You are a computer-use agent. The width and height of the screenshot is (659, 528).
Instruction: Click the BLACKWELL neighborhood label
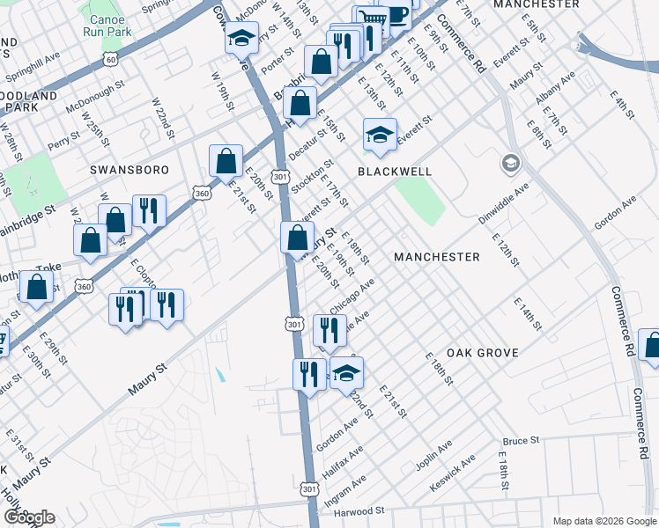(394, 171)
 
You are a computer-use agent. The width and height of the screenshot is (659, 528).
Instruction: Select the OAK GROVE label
(482, 353)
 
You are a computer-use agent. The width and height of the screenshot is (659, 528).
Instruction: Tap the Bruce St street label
(520, 440)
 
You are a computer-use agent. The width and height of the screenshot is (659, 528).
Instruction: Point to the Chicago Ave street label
(352, 296)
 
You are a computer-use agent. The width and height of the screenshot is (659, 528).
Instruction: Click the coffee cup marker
(395, 15)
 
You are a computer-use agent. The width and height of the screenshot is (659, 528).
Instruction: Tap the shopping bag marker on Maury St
(297, 237)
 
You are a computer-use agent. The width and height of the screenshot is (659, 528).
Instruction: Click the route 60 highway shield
(110, 59)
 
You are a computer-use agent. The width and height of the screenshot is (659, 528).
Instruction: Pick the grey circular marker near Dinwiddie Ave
(511, 164)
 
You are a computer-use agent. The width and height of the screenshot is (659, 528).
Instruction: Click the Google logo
(29, 517)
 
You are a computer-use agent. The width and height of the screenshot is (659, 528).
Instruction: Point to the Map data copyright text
(603, 521)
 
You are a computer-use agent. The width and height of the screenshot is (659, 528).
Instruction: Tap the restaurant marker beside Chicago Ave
(329, 330)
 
